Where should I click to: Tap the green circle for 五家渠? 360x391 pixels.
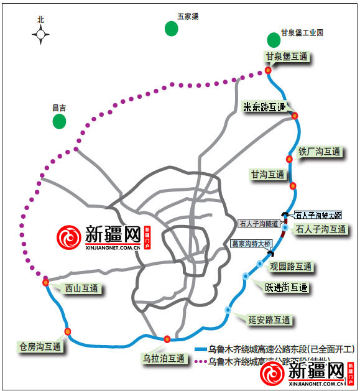click(x=171, y=28)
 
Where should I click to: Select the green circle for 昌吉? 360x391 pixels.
click(x=59, y=121)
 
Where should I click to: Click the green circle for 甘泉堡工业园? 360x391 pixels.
click(x=274, y=40)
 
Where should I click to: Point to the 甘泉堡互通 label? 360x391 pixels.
click(x=287, y=57)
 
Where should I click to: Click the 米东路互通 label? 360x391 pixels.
click(x=264, y=107)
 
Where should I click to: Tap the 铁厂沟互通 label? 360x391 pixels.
click(x=320, y=151)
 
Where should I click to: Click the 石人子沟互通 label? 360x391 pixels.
click(x=321, y=229)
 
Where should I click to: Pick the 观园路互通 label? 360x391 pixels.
click(x=291, y=267)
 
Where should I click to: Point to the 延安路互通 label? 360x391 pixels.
click(x=269, y=320)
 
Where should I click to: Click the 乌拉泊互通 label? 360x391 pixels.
click(x=164, y=359)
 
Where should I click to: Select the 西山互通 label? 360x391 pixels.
click(x=81, y=288)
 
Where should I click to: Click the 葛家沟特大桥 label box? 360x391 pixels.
click(x=251, y=244)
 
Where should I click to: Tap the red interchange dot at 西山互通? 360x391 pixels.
click(x=46, y=283)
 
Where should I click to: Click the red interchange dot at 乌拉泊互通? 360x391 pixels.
click(x=167, y=339)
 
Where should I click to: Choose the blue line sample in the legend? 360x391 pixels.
click(x=200, y=349)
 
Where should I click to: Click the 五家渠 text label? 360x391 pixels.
click(x=187, y=17)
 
